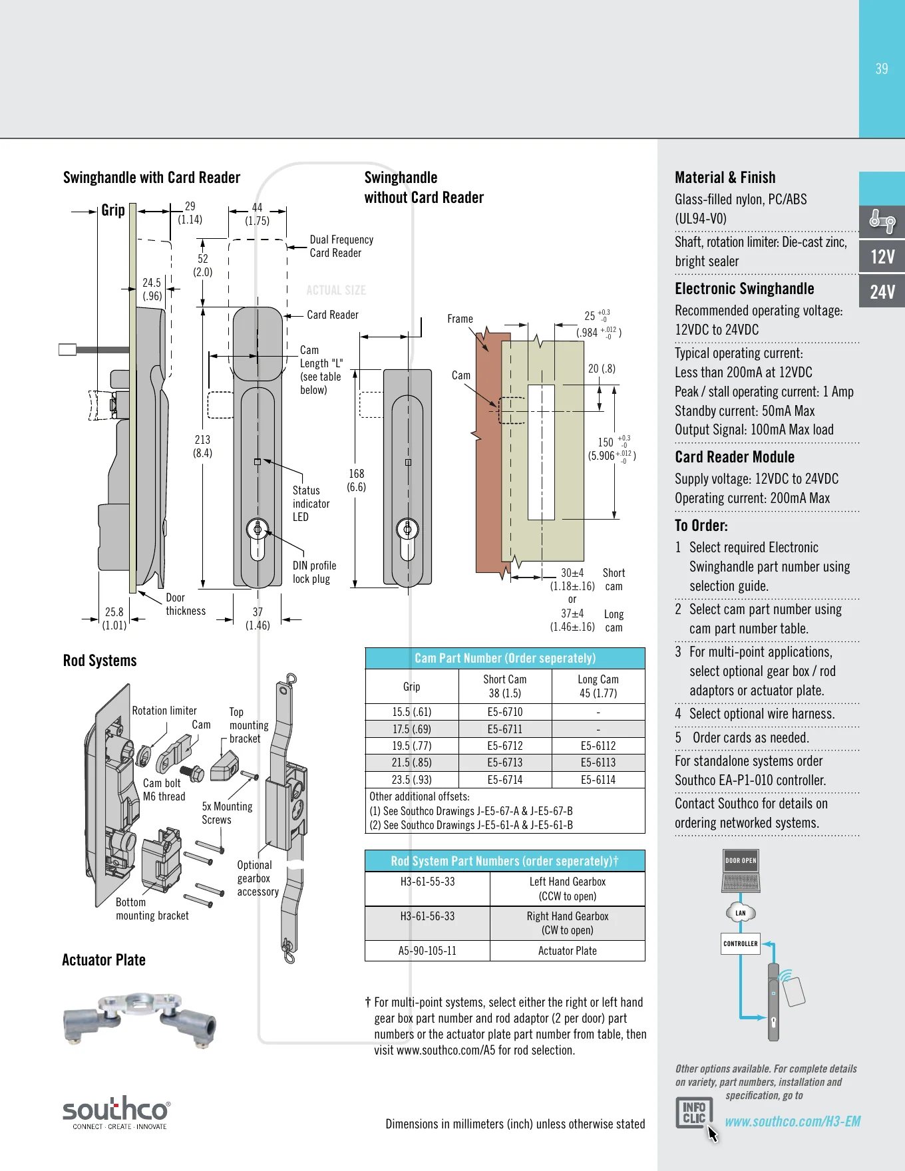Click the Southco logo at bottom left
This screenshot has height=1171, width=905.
click(x=116, y=1113)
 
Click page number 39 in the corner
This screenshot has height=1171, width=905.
click(x=882, y=69)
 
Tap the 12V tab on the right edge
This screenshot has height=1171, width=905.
click(x=882, y=257)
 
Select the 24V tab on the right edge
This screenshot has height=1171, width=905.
click(x=882, y=291)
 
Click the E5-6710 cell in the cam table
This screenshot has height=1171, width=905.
click(x=505, y=712)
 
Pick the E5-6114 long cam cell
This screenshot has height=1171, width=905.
click(x=598, y=780)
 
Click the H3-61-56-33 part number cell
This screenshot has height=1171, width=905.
click(x=427, y=916)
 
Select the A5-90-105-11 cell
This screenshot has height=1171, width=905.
click(x=427, y=951)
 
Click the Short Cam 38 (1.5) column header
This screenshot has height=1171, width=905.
click(x=505, y=686)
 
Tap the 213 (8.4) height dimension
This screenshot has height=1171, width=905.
click(x=202, y=446)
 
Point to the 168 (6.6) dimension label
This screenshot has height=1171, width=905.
click(x=357, y=480)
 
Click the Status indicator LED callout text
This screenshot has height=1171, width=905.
click(x=311, y=504)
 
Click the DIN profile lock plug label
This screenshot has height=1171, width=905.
click(x=314, y=572)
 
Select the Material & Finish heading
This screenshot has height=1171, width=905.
click(x=725, y=178)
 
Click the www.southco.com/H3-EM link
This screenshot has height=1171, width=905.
click(x=793, y=1122)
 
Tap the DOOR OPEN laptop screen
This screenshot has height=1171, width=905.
click(x=741, y=861)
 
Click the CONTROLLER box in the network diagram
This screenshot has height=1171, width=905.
click(x=741, y=943)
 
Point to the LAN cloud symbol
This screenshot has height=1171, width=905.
click(x=741, y=913)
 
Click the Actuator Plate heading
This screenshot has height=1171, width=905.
click(x=104, y=960)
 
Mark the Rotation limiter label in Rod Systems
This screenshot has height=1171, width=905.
click(x=164, y=711)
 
